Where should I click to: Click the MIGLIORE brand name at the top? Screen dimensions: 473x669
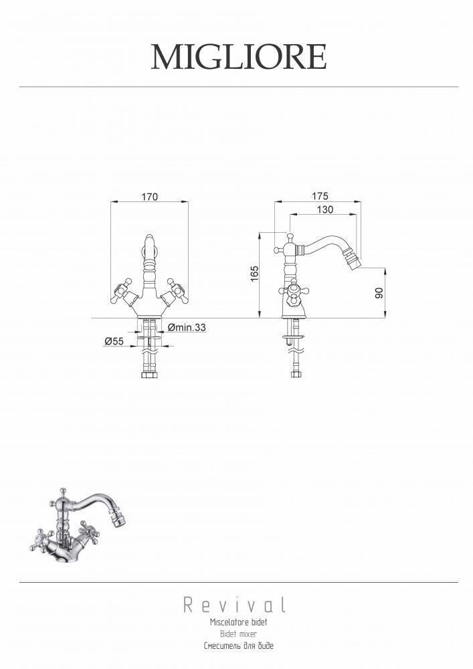pyautogui.click(x=239, y=57)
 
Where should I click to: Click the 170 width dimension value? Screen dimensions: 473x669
pyautogui.click(x=149, y=196)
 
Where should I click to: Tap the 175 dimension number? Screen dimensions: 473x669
pyautogui.click(x=320, y=196)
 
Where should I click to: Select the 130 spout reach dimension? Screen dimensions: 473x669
pyautogui.click(x=325, y=209)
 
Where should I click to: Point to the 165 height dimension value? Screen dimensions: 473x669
pyautogui.click(x=254, y=274)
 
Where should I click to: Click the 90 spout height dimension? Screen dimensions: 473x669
pyautogui.click(x=379, y=293)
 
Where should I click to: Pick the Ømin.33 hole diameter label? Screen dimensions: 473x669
pyautogui.click(x=187, y=327)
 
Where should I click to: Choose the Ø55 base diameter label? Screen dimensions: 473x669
pyautogui.click(x=114, y=341)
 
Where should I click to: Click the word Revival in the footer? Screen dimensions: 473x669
pyautogui.click(x=235, y=605)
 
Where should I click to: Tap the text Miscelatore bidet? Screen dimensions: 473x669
pyautogui.click(x=238, y=622)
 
